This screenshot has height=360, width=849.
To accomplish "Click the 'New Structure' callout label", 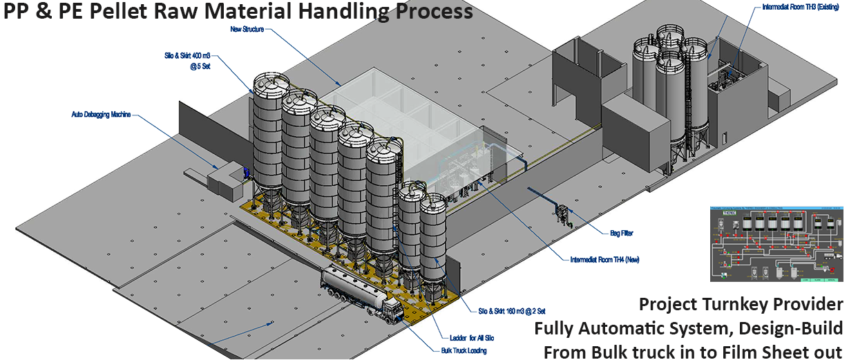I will [x=248, y=29].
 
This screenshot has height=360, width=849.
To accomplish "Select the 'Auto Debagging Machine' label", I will [x=101, y=114].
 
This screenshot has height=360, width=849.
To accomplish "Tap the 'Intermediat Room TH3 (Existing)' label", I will [x=795, y=8].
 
